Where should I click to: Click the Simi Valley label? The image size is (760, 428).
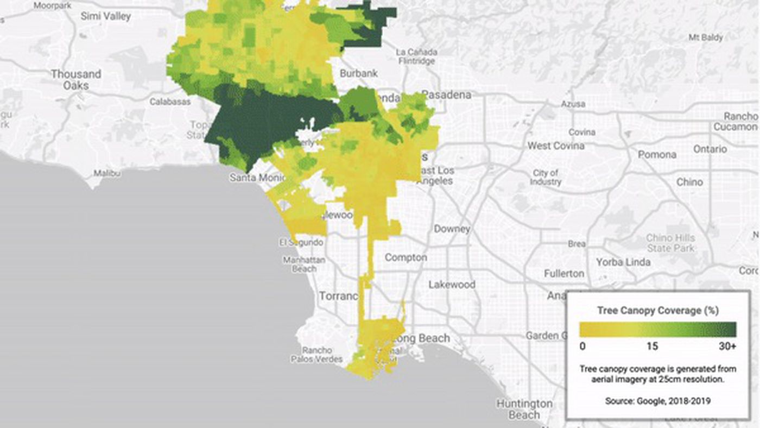(x=105, y=16)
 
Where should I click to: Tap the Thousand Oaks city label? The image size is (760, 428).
(x=76, y=79)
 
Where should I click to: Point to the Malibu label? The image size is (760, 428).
(x=106, y=173)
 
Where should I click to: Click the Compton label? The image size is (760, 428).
(x=406, y=257)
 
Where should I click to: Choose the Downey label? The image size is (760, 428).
(x=452, y=229)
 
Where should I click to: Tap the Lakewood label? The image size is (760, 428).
(x=452, y=284)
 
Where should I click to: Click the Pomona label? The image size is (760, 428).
(x=657, y=154)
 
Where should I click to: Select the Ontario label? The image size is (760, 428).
(x=710, y=149)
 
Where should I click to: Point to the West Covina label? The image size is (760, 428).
(x=556, y=146)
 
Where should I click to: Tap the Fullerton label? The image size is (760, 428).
(x=564, y=273)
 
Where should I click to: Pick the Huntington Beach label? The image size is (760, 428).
(x=524, y=410)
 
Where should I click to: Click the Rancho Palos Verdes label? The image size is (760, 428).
(x=316, y=355)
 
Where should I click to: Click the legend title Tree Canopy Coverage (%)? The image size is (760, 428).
(x=658, y=311)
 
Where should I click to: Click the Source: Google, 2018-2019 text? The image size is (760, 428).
(x=657, y=401)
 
